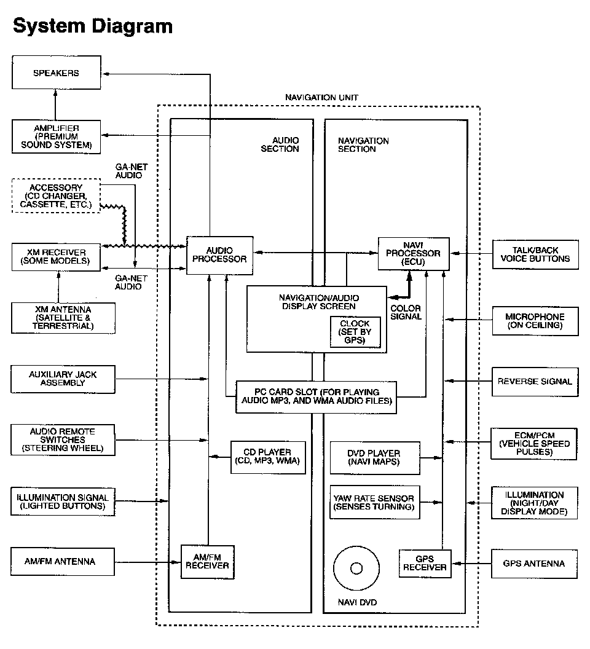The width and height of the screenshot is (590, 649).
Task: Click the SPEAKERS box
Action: click(x=56, y=74)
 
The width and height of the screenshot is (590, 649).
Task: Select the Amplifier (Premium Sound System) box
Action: click(x=56, y=136)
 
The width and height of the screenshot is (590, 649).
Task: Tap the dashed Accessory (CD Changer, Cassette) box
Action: click(x=56, y=195)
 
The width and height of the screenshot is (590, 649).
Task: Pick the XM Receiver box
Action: click(x=56, y=256)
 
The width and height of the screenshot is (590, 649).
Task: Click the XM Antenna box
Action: click(x=63, y=318)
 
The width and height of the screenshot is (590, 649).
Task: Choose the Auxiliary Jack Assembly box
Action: click(x=63, y=379)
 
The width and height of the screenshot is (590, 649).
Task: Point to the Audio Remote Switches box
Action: click(x=63, y=440)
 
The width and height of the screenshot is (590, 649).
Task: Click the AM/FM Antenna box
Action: click(x=63, y=561)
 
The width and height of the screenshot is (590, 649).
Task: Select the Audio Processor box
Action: click(x=219, y=254)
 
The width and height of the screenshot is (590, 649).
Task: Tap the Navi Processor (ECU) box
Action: click(x=413, y=253)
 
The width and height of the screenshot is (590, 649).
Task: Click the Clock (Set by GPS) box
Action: click(x=355, y=332)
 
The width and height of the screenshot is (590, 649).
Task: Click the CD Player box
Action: click(x=267, y=457)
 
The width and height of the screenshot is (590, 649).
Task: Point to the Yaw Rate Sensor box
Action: click(x=374, y=502)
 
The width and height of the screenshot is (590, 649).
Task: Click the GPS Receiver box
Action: click(x=425, y=563)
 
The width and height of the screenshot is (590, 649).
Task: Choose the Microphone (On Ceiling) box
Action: click(x=535, y=321)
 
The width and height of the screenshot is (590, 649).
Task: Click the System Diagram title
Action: click(x=92, y=26)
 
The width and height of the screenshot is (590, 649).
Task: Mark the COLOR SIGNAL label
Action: click(x=406, y=312)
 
